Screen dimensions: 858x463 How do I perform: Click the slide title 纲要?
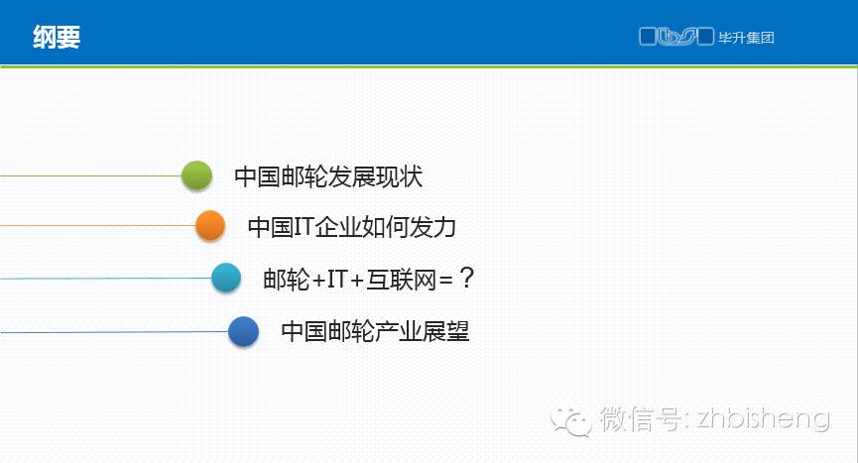click(57, 37)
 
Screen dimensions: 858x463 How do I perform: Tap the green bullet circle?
click(196, 175)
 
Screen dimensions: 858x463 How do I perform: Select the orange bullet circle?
click(210, 225)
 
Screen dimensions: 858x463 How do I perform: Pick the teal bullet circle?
click(226, 278)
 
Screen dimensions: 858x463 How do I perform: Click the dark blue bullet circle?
click(243, 331)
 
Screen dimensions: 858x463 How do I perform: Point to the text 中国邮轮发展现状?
click(328, 176)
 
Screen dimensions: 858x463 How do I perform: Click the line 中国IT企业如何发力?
click(352, 226)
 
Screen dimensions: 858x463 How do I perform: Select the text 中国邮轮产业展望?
click(375, 331)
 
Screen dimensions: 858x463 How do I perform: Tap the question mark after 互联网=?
click(466, 278)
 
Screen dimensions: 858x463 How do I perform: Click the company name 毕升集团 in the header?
click(746, 38)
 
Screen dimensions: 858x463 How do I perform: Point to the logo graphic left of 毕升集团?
click(676, 37)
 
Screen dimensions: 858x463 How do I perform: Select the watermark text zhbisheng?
click(764, 418)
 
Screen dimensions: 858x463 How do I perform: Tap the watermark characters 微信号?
click(639, 418)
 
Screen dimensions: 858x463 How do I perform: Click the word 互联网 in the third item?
click(401, 280)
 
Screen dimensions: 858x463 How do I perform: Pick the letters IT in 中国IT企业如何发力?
click(304, 226)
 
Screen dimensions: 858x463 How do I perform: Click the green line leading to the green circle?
click(91, 176)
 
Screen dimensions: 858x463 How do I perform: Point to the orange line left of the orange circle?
click(98, 225)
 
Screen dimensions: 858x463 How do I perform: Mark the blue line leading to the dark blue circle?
click(114, 332)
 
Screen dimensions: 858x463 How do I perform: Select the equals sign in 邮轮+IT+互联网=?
click(446, 281)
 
